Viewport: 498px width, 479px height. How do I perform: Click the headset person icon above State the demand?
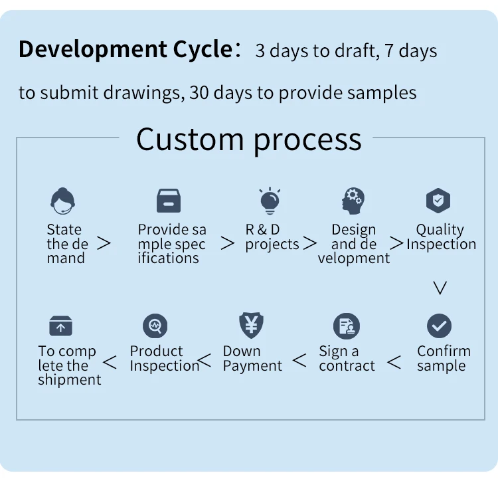click(x=63, y=201)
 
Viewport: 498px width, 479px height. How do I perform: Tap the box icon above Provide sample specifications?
click(x=168, y=201)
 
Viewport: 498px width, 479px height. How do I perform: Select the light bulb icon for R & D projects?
click(x=270, y=201)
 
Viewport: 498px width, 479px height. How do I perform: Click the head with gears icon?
click(x=353, y=201)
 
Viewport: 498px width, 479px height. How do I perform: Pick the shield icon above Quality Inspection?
click(x=438, y=201)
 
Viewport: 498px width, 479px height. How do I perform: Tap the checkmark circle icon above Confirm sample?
click(x=439, y=326)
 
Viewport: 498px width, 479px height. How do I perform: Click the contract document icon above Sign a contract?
click(x=346, y=326)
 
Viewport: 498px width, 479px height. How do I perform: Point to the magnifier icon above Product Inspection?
click(x=155, y=326)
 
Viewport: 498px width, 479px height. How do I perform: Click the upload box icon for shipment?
click(x=60, y=326)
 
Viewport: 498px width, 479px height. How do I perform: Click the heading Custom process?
click(x=249, y=140)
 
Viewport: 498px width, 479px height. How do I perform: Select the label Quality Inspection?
click(x=441, y=237)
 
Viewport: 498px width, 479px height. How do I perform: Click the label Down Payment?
click(x=252, y=358)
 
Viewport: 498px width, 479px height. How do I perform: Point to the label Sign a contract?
click(x=347, y=358)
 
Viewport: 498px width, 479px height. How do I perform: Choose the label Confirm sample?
click(x=444, y=358)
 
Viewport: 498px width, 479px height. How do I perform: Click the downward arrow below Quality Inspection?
click(x=440, y=288)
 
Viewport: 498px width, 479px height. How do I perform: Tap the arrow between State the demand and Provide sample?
click(x=104, y=244)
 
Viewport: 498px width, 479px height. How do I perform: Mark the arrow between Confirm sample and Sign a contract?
click(x=394, y=363)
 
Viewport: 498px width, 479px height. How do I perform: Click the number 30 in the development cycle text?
click(x=199, y=92)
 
